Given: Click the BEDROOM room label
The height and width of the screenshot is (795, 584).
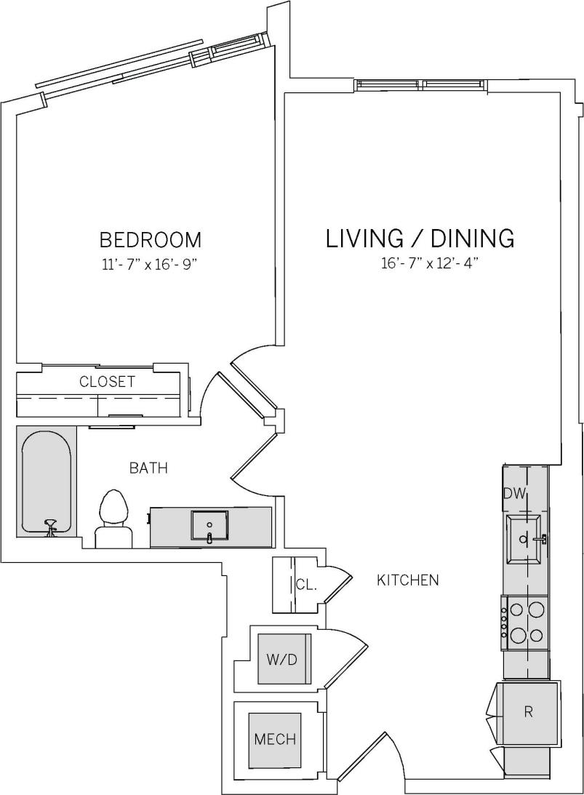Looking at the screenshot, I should tap(150, 239).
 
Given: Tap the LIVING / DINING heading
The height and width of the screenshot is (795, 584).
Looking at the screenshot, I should tap(420, 239).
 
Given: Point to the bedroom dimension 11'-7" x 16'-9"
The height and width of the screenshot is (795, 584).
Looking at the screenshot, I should tap(150, 265).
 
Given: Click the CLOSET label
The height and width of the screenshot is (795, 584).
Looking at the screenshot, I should tap(107, 382).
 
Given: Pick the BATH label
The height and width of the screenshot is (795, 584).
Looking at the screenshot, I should tap(148, 468).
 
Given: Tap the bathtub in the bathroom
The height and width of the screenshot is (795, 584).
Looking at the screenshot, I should tap(47, 480).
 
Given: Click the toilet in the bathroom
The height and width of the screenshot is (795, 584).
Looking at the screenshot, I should tap(113, 516).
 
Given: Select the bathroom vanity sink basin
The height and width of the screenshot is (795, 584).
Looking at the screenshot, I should tap(209, 524).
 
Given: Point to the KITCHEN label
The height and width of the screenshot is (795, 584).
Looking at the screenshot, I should tap(407, 580).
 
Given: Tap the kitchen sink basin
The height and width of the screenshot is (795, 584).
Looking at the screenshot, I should tap(523, 539).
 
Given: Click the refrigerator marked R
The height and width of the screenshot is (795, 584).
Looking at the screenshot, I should tap(528, 712).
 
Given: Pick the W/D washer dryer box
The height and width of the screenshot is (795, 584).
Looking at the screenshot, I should tap(284, 659).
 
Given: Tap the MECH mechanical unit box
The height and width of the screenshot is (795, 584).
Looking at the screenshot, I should tap(275, 740).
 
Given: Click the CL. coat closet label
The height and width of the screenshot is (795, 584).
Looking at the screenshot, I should tap(305, 584).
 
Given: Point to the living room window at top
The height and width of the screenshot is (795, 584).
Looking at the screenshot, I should tap(421, 85).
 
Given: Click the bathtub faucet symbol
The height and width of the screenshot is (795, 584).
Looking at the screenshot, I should tap(51, 527).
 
